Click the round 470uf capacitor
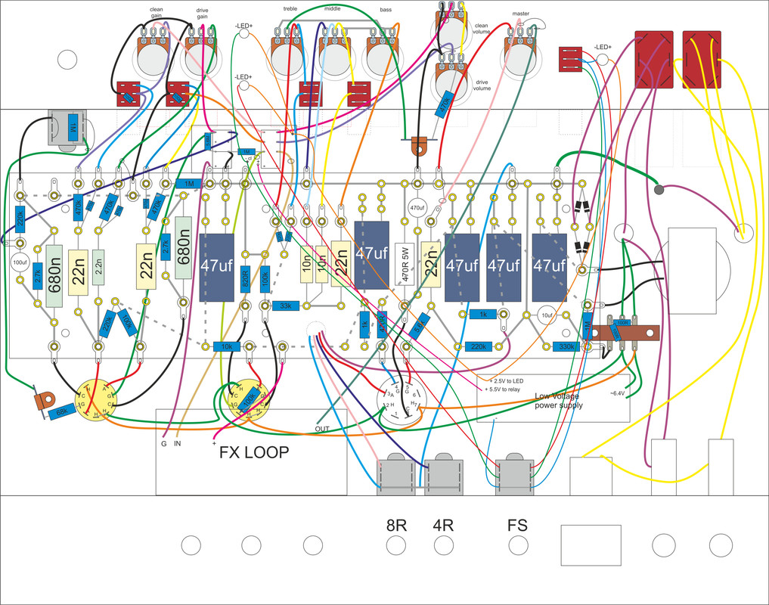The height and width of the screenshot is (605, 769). pyautogui.click(x=417, y=208)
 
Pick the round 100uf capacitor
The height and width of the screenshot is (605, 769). pyautogui.click(x=21, y=263)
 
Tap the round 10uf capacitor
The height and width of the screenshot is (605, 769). pyautogui.click(x=547, y=315)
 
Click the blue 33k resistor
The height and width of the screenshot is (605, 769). pyautogui.click(x=286, y=306)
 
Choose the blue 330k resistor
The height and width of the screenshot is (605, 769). pyautogui.click(x=567, y=346)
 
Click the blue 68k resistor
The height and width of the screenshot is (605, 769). pyautogui.click(x=63, y=413)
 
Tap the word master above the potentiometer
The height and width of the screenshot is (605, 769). pyautogui.click(x=520, y=14)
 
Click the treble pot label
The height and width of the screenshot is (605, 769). pyautogui.click(x=290, y=9)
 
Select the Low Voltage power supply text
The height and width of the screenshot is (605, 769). pyautogui.click(x=560, y=400)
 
